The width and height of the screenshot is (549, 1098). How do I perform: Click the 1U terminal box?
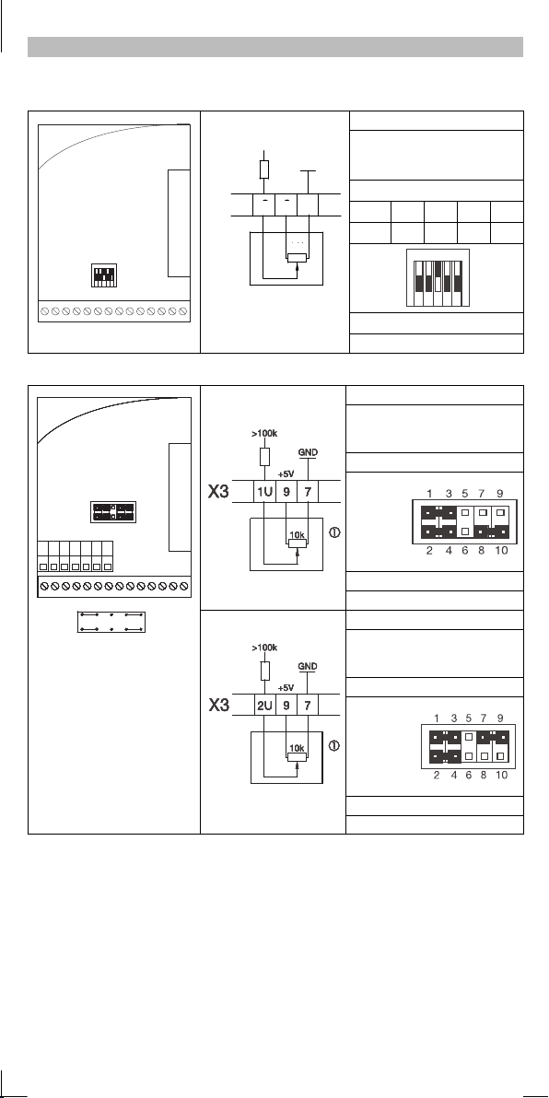(x=264, y=491)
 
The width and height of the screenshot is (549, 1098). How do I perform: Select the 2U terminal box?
(x=264, y=705)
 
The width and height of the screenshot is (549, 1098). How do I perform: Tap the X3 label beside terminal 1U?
(x=219, y=492)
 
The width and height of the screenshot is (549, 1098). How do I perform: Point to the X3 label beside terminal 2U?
(x=219, y=706)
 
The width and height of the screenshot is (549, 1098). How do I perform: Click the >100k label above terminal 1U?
(x=264, y=434)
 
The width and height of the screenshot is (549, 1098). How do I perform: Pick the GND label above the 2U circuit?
(x=308, y=666)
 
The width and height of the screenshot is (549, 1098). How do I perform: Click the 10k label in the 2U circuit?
(x=297, y=748)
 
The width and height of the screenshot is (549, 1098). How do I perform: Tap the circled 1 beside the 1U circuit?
(x=334, y=532)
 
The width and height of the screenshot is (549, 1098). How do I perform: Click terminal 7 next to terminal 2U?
(x=308, y=705)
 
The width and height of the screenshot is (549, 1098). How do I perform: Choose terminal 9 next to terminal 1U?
(x=286, y=491)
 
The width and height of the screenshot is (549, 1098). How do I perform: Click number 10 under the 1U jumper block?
(x=501, y=551)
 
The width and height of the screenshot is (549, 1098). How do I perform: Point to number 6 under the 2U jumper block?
(x=468, y=776)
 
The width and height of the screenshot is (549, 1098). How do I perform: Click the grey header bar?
(x=275, y=47)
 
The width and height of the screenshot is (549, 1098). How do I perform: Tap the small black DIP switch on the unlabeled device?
(x=104, y=275)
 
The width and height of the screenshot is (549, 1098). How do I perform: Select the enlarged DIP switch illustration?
(x=438, y=278)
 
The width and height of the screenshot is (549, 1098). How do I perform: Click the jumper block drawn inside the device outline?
(x=113, y=512)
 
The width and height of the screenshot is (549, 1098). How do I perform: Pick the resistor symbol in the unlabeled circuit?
(x=264, y=170)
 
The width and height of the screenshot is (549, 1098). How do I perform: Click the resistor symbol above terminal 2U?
(x=264, y=671)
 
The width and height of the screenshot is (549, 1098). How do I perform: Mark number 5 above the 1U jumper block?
(x=469, y=493)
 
